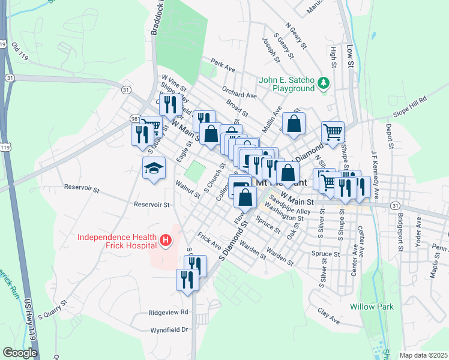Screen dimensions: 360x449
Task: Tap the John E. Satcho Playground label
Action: pos(287,84)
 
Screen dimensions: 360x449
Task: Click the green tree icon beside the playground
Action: pos(324,82)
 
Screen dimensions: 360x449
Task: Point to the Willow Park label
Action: pos(372,307)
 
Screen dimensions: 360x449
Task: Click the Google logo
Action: pos(20,353)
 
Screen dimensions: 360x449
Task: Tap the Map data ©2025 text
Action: pos(423,355)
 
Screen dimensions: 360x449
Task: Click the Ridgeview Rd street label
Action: pos(169,313)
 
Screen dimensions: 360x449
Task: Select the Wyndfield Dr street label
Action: pos(169,330)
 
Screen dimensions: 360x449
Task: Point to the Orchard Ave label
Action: pos(239,94)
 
